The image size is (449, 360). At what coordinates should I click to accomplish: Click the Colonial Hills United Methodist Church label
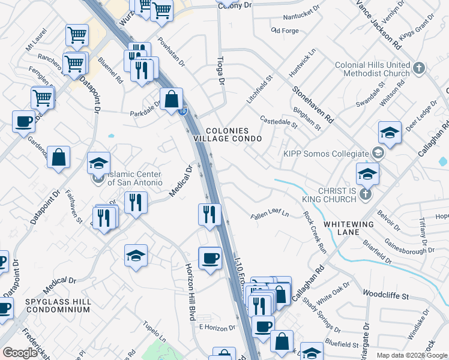pyautogui.click(x=372, y=69)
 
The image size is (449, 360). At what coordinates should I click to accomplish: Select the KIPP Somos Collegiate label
pyautogui.click(x=326, y=154)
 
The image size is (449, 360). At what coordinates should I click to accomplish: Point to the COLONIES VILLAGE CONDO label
pyautogui.click(x=234, y=134)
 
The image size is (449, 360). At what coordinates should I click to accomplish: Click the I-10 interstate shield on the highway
pyautogui.click(x=184, y=111)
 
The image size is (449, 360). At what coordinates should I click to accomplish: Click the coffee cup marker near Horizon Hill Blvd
pyautogui.click(x=209, y=258)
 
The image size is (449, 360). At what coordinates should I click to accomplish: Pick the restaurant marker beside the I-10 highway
pyautogui.click(x=209, y=214)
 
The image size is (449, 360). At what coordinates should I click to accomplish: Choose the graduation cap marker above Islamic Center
pyautogui.click(x=99, y=163)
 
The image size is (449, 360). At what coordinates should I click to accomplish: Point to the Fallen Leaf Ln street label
pyautogui.click(x=270, y=214)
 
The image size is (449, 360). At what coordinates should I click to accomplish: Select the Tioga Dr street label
pyautogui.click(x=220, y=71)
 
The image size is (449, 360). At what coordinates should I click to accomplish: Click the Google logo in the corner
pyautogui.click(x=20, y=352)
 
